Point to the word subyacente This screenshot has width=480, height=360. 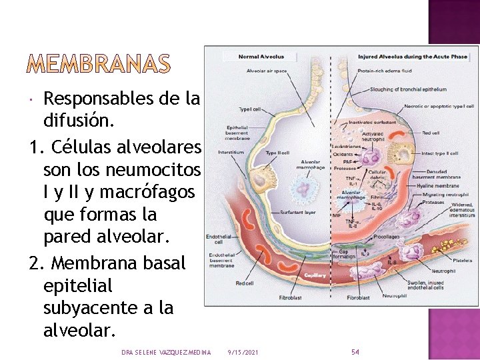coord(108,308)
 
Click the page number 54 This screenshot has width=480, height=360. coord(355,351)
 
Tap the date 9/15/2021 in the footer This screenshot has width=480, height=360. coord(243,352)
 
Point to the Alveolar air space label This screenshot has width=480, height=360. coord(267,70)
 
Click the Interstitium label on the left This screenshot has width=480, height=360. coord(231,152)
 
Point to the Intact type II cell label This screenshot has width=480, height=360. coord(439,153)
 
